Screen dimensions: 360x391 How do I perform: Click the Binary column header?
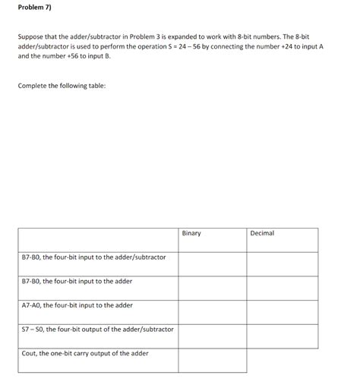click(x=191, y=233)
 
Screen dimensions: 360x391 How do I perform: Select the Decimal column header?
click(x=262, y=233)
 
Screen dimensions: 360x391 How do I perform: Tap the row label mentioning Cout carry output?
click(x=85, y=353)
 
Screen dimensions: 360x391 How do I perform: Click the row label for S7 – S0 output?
click(x=97, y=329)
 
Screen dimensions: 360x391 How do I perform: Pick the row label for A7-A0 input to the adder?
click(x=77, y=305)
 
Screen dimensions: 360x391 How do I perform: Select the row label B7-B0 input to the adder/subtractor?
click(x=93, y=257)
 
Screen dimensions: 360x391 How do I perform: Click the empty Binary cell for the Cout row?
click(x=212, y=360)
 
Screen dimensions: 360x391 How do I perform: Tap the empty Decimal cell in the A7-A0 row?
click(x=283, y=312)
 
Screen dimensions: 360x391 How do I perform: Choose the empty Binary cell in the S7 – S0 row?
click(x=212, y=336)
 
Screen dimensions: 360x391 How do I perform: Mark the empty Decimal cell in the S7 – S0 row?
click(x=283, y=336)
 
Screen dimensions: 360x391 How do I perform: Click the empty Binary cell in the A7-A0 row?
click(x=212, y=312)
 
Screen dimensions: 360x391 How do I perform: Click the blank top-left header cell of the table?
click(x=98, y=239)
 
